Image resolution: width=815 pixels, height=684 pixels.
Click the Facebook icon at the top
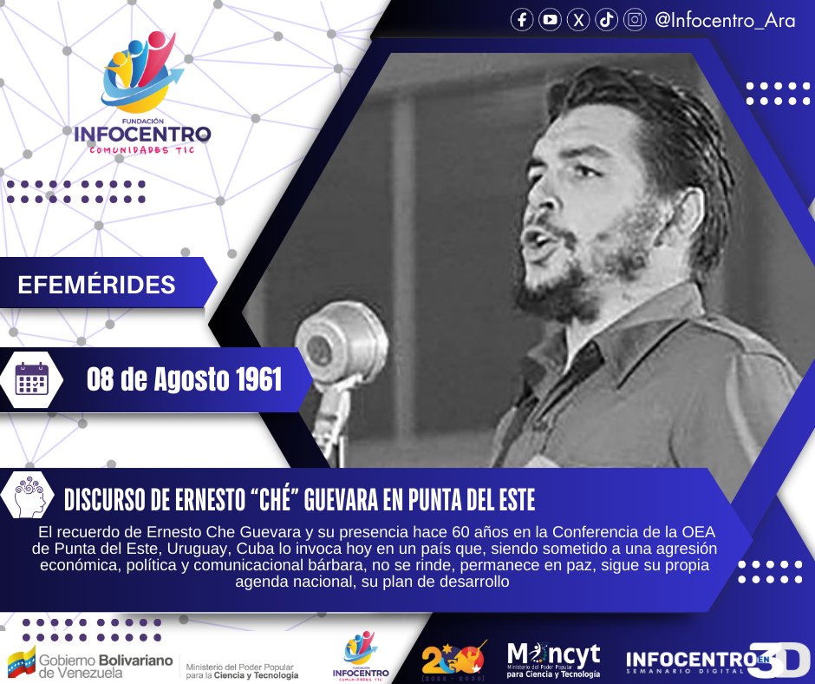pyautogui.click(x=521, y=21)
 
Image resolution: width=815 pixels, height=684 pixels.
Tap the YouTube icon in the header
pyautogui.click(x=550, y=21)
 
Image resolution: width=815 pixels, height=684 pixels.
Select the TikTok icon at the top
pyautogui.click(x=607, y=21)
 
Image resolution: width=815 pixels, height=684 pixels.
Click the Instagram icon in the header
pyautogui.click(x=636, y=21)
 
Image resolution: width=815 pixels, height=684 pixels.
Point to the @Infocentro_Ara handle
pyautogui.click(x=725, y=21)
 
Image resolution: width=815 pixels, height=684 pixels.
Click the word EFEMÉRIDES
pyautogui.click(x=96, y=284)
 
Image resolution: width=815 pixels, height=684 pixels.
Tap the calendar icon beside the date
pyautogui.click(x=32, y=379)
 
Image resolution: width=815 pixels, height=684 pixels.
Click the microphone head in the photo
pyautogui.click(x=341, y=339)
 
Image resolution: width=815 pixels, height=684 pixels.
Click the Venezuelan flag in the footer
pyautogui.click(x=22, y=661)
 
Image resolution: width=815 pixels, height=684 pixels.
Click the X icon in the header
pyautogui.click(x=578, y=21)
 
